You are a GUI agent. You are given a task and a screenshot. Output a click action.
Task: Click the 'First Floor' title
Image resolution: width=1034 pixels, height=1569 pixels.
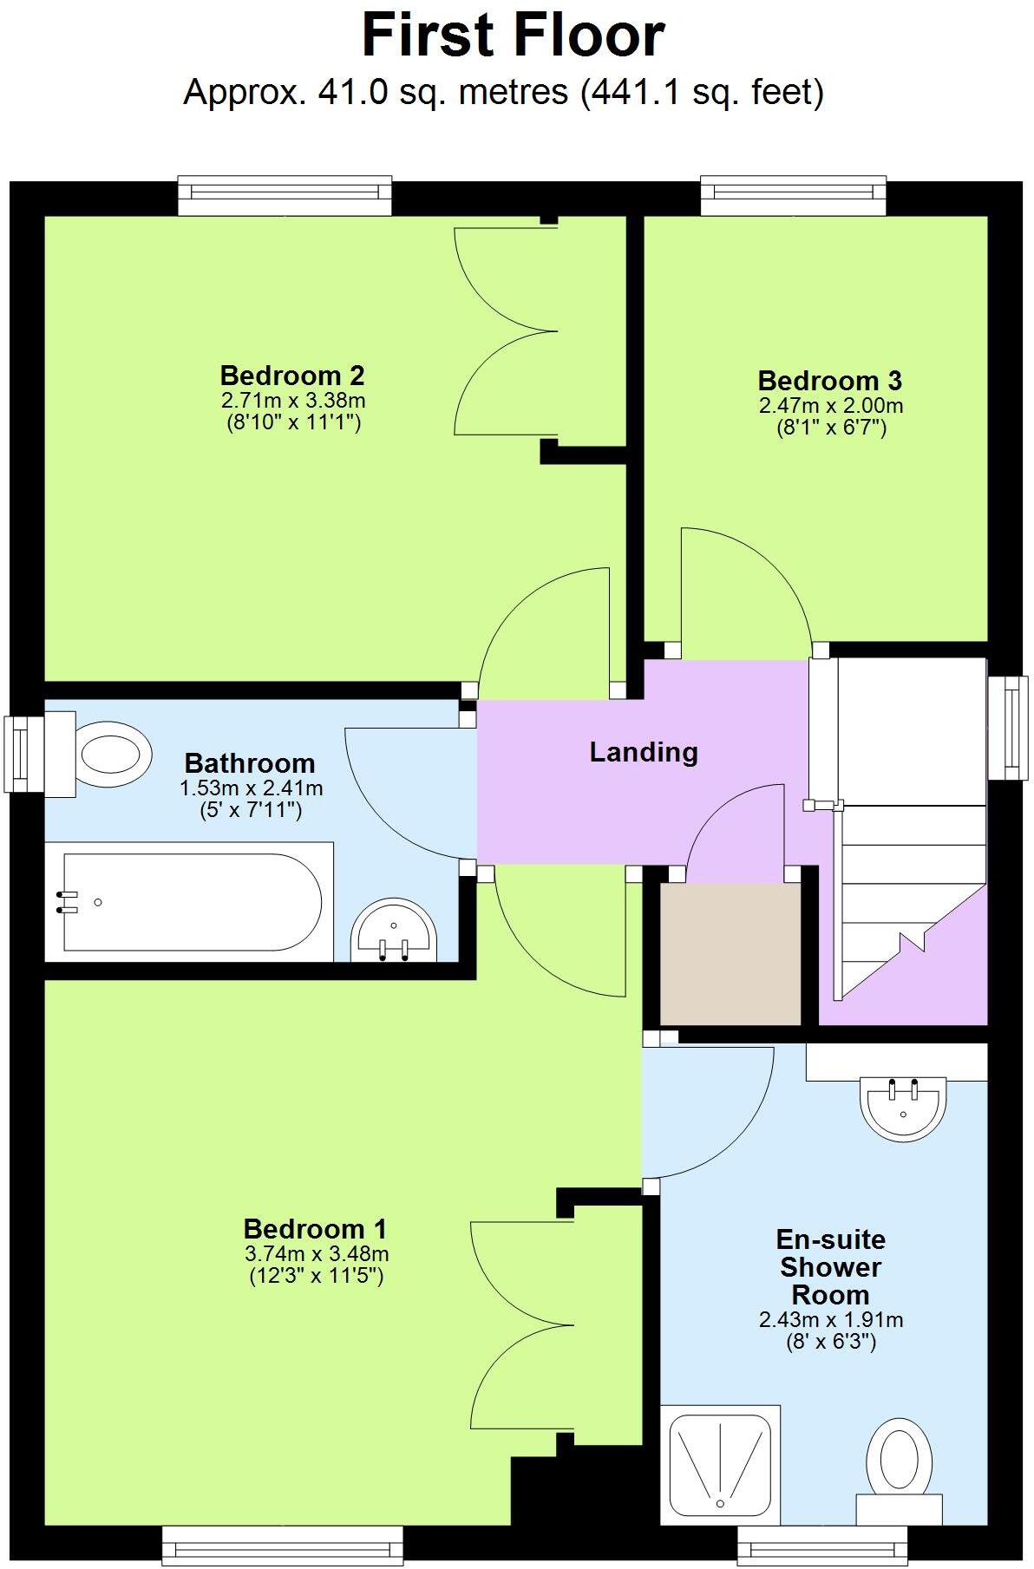[513, 36]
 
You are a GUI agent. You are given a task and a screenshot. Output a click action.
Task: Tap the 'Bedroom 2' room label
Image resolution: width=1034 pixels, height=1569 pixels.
[292, 376]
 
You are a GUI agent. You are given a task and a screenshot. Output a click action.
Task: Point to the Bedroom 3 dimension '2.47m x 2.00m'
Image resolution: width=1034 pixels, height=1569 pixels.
[830, 405]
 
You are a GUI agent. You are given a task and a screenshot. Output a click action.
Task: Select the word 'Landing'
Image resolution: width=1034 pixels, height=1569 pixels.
[644, 752]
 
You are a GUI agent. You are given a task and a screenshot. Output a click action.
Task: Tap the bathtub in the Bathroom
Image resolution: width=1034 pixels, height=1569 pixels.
[191, 902]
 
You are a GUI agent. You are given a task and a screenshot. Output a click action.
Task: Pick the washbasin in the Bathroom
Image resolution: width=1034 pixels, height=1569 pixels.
[394, 932]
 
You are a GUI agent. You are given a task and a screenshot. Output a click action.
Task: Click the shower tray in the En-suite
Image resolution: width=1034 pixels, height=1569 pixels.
[720, 1465]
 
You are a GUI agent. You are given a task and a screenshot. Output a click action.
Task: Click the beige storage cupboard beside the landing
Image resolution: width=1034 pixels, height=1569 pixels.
[730, 953]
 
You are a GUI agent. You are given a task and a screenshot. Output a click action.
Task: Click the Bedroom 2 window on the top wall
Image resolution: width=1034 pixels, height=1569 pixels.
[285, 195]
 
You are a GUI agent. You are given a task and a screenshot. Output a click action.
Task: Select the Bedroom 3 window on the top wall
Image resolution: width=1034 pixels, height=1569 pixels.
[793, 195]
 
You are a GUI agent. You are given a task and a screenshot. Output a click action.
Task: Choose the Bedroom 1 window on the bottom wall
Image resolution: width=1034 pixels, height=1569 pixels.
[282, 1546]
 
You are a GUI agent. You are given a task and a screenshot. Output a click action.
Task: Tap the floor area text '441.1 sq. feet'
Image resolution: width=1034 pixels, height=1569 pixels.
[701, 92]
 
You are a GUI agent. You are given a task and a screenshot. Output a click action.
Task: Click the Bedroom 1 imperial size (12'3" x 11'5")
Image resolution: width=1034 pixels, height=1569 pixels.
[316, 1276]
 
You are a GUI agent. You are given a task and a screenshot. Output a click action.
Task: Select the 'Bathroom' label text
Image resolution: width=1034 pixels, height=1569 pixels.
[250, 763]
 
